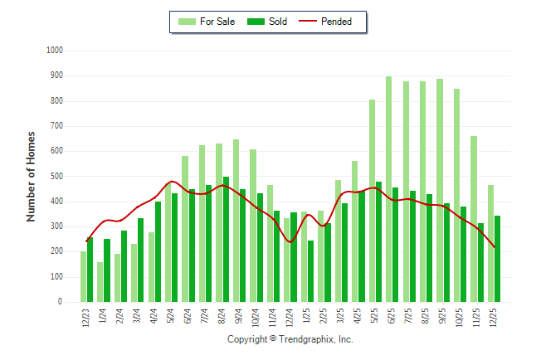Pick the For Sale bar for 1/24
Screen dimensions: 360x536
pyautogui.click(x=100, y=282)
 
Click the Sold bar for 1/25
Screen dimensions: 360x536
pyautogui.click(x=311, y=271)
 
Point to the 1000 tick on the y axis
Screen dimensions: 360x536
pyautogui.click(x=55, y=51)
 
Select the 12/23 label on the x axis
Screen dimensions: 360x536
pyautogui.click(x=86, y=319)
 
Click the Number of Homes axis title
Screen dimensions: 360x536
pyautogui.click(x=32, y=176)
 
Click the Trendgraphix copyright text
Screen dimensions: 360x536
pyautogui.click(x=290, y=339)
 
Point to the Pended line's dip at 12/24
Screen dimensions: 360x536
pyautogui.click(x=290, y=241)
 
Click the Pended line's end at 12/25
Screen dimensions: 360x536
pyautogui.click(x=495, y=247)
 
